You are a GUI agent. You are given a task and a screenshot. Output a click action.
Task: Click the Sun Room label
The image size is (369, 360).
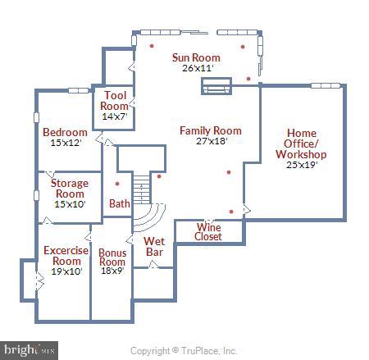click(196, 57)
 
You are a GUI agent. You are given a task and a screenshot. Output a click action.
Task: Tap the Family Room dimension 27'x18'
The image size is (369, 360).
click(211, 141)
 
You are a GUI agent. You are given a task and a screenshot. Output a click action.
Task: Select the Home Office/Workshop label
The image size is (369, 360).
click(307, 144)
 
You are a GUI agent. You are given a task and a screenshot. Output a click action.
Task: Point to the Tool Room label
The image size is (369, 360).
click(115, 101)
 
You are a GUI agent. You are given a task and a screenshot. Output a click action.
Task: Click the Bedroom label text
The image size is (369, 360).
click(65, 132)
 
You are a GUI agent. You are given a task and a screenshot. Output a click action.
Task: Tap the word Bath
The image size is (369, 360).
click(119, 203)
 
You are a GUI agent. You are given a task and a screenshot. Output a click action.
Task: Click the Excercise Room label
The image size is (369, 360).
click(62, 255)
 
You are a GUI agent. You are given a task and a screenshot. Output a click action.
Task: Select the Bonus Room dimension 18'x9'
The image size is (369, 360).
click(112, 270)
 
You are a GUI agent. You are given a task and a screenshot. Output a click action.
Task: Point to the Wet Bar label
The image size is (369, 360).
click(155, 247)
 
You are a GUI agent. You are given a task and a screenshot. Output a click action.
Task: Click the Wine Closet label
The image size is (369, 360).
click(207, 231)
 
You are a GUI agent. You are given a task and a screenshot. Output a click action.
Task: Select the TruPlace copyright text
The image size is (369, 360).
click(184, 350)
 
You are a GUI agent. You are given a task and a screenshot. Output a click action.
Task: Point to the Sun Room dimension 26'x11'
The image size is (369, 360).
click(197, 68)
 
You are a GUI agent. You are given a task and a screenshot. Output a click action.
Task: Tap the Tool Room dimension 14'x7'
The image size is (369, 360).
click(115, 117)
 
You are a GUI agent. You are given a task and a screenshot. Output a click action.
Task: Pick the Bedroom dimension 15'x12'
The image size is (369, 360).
click(65, 143)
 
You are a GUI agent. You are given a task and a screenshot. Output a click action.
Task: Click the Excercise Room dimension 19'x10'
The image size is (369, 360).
click(62, 271)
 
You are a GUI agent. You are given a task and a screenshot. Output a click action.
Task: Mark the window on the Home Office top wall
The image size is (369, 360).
click(326, 84)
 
